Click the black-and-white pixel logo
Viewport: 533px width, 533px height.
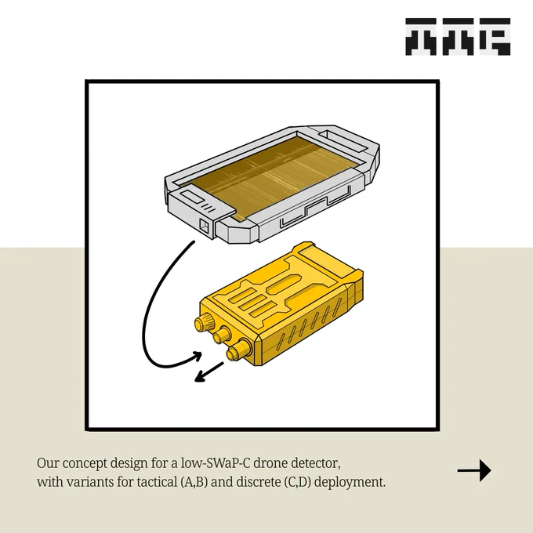(458, 37)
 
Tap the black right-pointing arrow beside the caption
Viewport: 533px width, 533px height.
(474, 470)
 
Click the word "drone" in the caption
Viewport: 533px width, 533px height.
(270, 463)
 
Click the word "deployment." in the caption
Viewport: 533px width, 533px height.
(350, 483)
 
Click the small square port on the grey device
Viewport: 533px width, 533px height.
(205, 226)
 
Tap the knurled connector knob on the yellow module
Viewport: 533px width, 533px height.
(203, 321)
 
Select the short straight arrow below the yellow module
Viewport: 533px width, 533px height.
(209, 372)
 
